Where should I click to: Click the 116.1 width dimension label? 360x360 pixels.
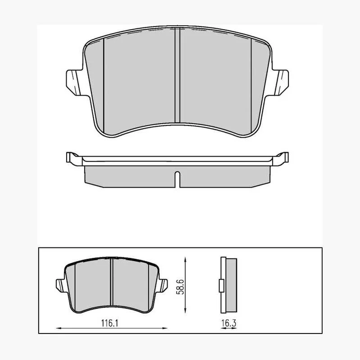(x=109, y=323)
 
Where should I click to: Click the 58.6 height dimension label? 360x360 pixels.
(x=180, y=287)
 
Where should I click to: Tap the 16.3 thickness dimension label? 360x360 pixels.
(x=229, y=323)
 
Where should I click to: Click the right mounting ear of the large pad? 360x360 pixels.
(x=280, y=83)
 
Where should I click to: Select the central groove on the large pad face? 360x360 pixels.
(x=177, y=75)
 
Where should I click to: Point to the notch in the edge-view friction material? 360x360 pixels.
(x=177, y=179)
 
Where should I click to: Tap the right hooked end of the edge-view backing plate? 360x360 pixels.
(x=280, y=158)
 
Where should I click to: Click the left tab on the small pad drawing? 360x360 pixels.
(x=61, y=285)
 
